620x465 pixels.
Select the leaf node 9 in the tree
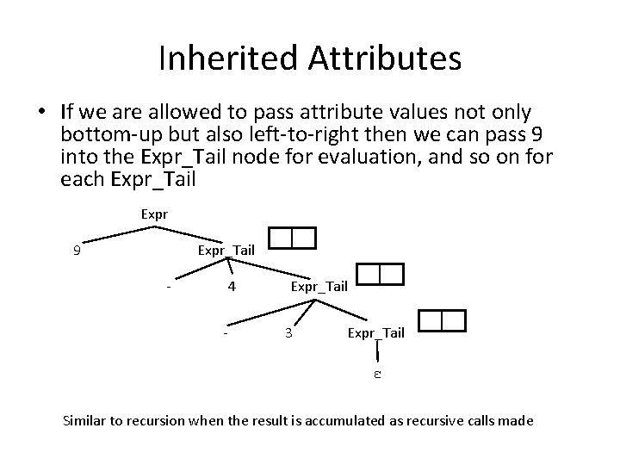[77, 251]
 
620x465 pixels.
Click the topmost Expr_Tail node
[226, 251]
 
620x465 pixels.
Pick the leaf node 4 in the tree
[232, 285]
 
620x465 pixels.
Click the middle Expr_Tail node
[319, 285]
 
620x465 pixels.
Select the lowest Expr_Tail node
[375, 332]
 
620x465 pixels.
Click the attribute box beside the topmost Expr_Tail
[292, 237]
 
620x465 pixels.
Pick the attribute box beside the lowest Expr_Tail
[441, 321]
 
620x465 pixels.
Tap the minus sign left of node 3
[225, 332]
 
